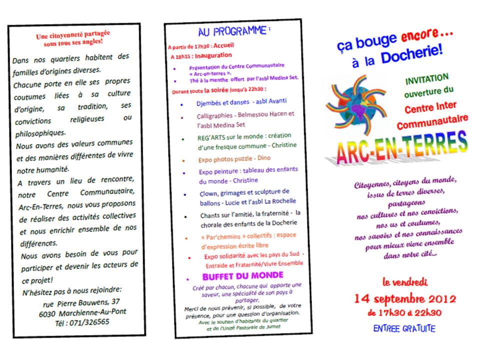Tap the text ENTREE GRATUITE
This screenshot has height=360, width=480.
(404, 328)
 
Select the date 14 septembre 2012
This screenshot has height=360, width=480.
(405, 299)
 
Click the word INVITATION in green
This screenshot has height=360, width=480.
(426, 79)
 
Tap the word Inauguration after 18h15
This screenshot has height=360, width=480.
(213, 55)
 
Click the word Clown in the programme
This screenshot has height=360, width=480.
(208, 191)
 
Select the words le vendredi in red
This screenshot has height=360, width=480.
(405, 282)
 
